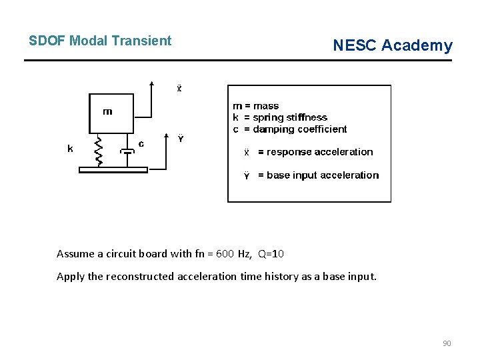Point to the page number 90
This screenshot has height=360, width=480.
(x=447, y=343)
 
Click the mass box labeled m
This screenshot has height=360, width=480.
(x=111, y=113)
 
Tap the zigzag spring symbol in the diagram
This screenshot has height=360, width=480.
(x=98, y=151)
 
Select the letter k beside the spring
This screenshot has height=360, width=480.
(x=70, y=149)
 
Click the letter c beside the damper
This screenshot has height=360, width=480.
(x=141, y=143)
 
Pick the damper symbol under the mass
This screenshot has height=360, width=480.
(x=128, y=151)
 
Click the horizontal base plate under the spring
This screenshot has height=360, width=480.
(x=113, y=170)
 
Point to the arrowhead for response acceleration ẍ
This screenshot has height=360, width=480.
(x=153, y=84)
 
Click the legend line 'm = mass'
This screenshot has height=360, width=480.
(x=255, y=106)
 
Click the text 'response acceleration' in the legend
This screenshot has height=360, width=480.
(x=320, y=152)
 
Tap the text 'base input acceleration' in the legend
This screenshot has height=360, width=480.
(x=323, y=175)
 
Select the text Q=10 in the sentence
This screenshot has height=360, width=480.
(x=271, y=254)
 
